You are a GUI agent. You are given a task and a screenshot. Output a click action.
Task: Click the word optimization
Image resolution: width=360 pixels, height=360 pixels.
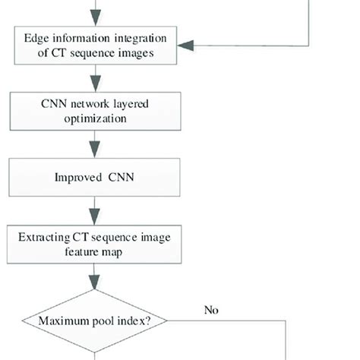click(x=94, y=118)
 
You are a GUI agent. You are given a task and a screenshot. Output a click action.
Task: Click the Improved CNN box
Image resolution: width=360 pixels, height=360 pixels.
click(x=94, y=178)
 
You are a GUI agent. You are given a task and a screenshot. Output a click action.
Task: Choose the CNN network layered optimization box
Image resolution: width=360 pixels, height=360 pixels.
click(x=94, y=112)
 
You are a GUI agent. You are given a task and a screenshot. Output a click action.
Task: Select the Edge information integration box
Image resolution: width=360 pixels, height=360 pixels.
click(x=94, y=44)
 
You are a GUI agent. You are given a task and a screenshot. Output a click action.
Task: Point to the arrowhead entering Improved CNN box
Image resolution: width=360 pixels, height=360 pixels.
click(x=94, y=153)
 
